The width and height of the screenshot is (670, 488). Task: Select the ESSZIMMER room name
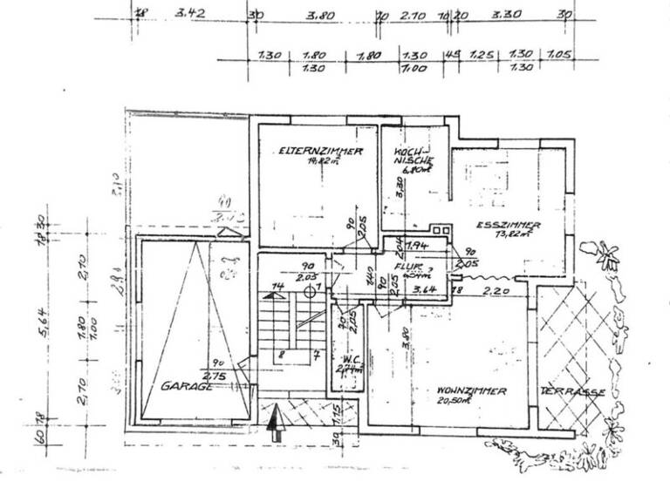[x=509, y=225]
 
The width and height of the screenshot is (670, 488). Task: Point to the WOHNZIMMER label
[x=473, y=391]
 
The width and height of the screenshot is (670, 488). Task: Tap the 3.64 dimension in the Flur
[x=424, y=289]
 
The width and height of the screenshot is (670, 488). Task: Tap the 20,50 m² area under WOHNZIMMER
[x=474, y=402]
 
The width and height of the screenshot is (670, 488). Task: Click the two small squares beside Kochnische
[x=440, y=231]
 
